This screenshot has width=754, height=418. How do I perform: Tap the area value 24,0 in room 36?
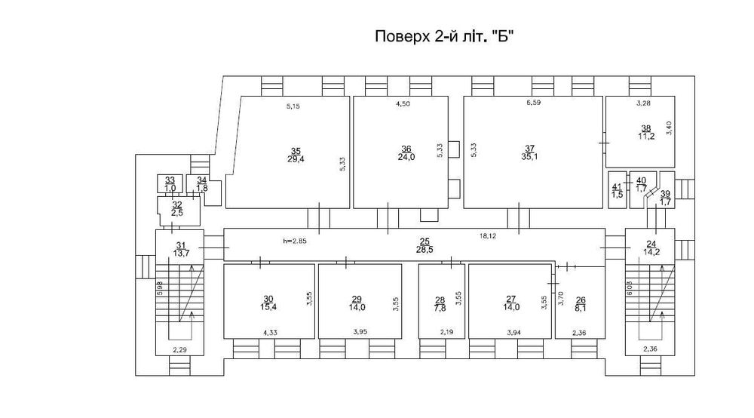(x=406, y=158)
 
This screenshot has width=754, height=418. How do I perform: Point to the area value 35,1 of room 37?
(x=530, y=158)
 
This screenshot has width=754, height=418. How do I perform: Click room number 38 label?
(x=645, y=128)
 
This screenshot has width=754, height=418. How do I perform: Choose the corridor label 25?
(x=425, y=239)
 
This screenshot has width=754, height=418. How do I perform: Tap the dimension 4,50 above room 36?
(x=404, y=106)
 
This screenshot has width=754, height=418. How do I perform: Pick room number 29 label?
(x=357, y=299)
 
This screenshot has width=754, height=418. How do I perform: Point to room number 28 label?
(x=440, y=299)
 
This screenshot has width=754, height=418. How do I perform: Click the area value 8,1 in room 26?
(x=580, y=307)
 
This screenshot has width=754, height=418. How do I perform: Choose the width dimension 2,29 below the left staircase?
(x=179, y=349)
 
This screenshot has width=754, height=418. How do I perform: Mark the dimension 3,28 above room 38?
(x=643, y=103)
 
